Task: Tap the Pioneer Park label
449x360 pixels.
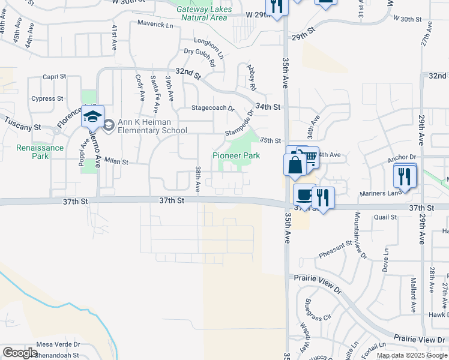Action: click(237, 155)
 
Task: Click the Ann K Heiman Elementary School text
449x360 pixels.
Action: click(152, 126)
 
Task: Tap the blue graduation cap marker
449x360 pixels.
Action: click(92, 116)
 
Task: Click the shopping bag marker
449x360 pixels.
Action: click(295, 165)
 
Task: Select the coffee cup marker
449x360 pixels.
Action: click(304, 194)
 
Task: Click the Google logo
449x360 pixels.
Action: click(20, 353)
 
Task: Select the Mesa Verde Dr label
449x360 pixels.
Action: click(58, 344)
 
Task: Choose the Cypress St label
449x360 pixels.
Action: click(47, 98)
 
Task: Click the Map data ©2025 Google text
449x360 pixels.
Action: click(412, 355)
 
